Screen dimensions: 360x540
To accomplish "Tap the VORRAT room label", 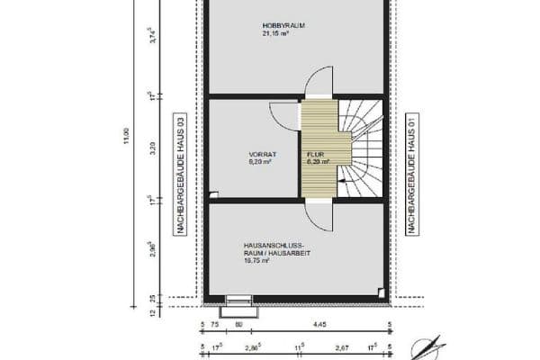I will point(262,154).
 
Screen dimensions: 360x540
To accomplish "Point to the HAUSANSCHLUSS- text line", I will point(274,244).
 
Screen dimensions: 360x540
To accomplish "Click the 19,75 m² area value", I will point(257,260).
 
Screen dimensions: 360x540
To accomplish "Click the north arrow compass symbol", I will point(427,346).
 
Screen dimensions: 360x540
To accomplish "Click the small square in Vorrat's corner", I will point(213,193).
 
